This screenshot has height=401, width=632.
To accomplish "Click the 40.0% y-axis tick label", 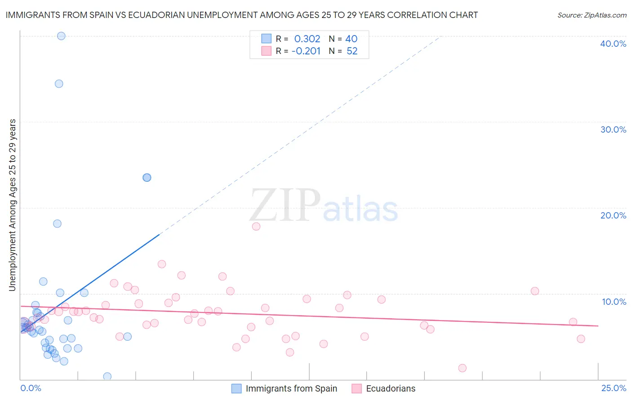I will [x=613, y=44].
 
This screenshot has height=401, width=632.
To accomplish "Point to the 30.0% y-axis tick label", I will [x=613, y=129].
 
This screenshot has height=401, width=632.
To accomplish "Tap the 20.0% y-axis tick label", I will [x=613, y=215].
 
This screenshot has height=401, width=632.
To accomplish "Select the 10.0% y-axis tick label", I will [x=614, y=302].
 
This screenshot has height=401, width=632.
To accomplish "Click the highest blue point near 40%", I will [x=61, y=36].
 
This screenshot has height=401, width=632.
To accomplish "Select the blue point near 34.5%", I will [x=59, y=84].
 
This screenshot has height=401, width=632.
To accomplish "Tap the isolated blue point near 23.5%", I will [x=147, y=178].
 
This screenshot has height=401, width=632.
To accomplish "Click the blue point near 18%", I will [x=57, y=223].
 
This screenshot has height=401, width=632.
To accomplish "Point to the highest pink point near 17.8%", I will [x=256, y=227].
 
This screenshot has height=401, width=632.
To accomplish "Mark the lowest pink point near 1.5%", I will [x=462, y=368].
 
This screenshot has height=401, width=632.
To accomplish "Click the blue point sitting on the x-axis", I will [x=107, y=376].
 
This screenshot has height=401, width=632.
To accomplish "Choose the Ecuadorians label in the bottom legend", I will [x=391, y=388].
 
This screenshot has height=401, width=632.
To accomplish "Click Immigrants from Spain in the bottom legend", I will [x=291, y=388].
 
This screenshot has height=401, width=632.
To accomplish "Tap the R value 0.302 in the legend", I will [x=307, y=39].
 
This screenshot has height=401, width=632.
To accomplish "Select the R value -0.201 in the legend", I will [x=306, y=51].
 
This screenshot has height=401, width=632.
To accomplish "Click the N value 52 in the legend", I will [x=352, y=51].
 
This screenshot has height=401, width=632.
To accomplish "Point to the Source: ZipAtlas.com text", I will [x=592, y=15].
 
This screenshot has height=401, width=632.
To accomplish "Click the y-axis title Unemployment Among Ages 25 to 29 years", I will [x=13, y=205].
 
